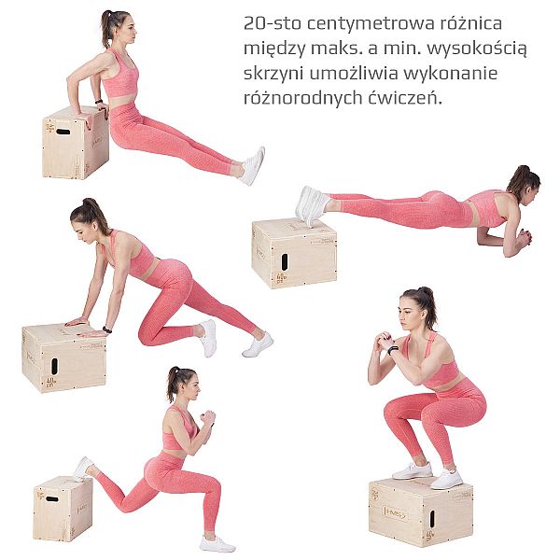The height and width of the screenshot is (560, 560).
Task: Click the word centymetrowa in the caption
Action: click(x=371, y=23)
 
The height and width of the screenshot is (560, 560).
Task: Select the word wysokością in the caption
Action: click(x=477, y=49)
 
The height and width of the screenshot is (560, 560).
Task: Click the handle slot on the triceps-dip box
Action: click(x=63, y=132)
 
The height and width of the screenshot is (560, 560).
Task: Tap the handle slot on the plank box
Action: click(x=285, y=262)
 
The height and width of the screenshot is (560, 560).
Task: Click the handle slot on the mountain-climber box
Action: click(x=54, y=366)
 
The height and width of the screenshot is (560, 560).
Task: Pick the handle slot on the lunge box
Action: click(x=52, y=498)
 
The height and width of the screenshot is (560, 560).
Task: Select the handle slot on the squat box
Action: click(x=432, y=519)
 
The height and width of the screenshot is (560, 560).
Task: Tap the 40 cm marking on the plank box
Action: click(x=282, y=277)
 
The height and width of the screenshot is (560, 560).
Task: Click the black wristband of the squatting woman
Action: click(x=393, y=350)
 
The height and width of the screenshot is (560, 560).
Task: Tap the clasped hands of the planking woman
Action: click(x=525, y=238)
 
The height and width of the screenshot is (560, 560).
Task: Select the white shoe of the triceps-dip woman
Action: click(x=253, y=166)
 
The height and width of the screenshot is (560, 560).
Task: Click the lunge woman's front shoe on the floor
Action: click(x=217, y=544)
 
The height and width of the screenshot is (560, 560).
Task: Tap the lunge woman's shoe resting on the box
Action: click(x=82, y=469)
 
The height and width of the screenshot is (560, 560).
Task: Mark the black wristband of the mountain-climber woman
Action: click(x=106, y=329)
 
